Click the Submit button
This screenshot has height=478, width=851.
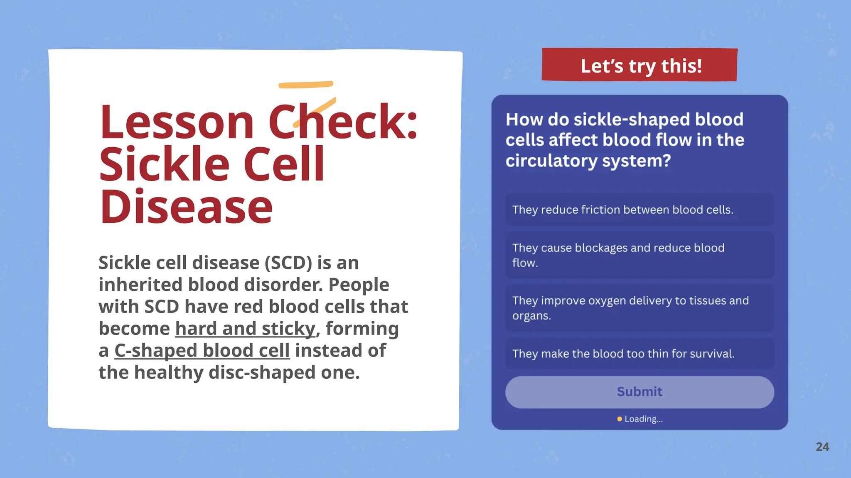639,392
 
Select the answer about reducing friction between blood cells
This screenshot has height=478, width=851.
639,210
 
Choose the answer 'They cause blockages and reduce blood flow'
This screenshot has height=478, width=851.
639,255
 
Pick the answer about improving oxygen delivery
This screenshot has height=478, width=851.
639,308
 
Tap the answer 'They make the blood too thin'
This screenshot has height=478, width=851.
639,354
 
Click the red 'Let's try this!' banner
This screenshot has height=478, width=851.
640,66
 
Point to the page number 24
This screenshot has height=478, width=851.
822,447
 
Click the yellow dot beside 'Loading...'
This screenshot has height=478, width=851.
620,419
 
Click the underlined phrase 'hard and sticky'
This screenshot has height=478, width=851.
245,329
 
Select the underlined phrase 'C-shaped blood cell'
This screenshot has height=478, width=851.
202,351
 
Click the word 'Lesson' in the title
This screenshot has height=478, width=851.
177,122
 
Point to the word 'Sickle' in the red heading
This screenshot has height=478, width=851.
164,165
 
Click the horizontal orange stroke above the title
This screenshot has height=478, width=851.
306,85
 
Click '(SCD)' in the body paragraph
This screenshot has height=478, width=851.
288,263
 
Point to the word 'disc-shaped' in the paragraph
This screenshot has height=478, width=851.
262,373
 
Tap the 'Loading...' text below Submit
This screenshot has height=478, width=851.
644,419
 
